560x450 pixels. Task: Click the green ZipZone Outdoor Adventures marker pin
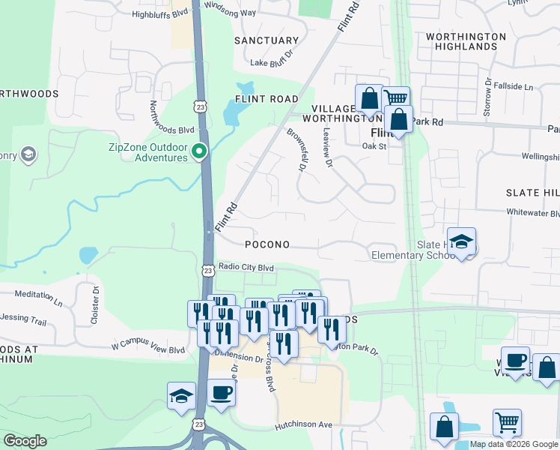click(x=199, y=151)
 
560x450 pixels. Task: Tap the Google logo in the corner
click(x=25, y=440)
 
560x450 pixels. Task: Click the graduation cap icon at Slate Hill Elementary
click(x=462, y=241)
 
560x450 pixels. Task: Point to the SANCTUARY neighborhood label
click(x=266, y=40)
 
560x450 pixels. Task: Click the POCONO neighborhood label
click(x=267, y=245)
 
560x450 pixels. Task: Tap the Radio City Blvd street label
click(x=246, y=268)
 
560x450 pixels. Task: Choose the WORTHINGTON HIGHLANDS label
click(x=461, y=41)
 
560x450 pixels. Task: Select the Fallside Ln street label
click(x=517, y=87)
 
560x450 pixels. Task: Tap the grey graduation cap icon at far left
click(x=28, y=155)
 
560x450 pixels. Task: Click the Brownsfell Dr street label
click(x=296, y=149)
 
